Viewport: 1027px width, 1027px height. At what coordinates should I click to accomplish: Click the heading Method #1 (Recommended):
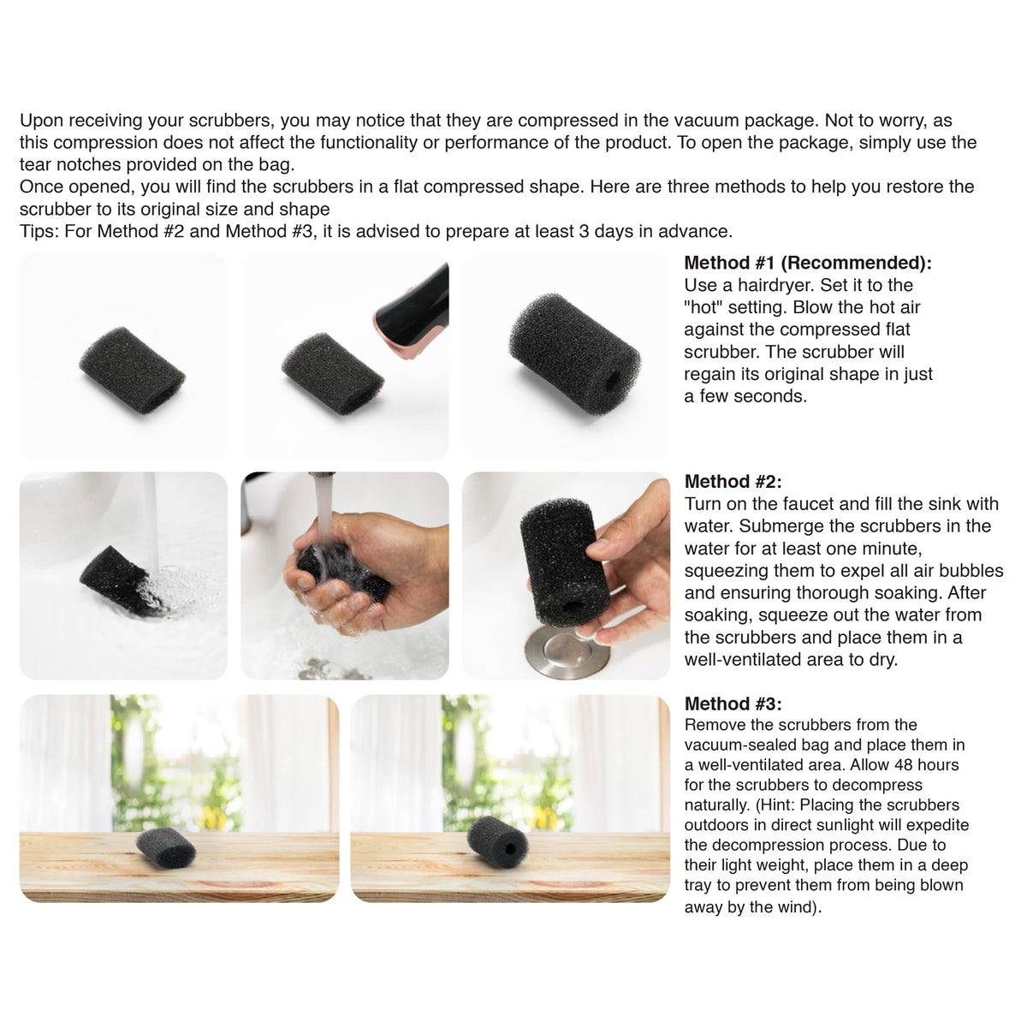(808, 263)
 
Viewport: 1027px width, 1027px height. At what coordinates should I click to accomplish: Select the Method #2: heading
(733, 482)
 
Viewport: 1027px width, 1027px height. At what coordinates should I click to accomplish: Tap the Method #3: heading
(733, 704)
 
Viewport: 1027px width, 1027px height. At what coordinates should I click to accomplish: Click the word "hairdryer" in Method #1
(774, 286)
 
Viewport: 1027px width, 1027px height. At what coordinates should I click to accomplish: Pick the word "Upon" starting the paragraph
(42, 121)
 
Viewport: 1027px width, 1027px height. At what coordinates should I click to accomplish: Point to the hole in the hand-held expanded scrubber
(573, 607)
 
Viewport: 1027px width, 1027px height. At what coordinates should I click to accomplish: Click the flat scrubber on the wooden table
(166, 848)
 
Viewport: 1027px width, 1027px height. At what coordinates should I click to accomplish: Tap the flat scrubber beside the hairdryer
(333, 366)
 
